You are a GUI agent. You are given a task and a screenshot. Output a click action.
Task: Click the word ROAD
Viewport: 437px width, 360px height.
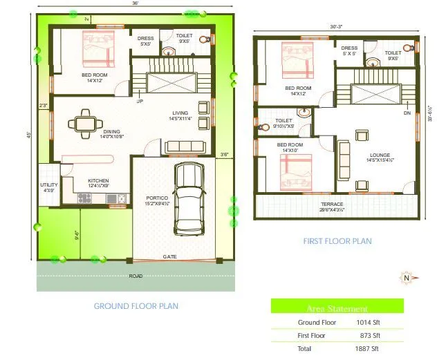click(x=136, y=276)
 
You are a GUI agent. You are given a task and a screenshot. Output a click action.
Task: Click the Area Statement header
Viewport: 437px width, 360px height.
click(x=337, y=309)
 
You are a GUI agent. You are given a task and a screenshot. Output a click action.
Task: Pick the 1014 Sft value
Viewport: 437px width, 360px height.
click(x=368, y=323)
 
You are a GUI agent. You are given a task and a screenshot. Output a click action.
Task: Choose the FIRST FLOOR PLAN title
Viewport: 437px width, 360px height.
click(x=337, y=241)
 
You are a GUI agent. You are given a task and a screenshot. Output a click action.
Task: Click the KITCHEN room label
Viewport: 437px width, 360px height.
click(x=98, y=182)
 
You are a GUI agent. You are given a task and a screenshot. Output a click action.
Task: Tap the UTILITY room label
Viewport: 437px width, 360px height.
click(x=48, y=185)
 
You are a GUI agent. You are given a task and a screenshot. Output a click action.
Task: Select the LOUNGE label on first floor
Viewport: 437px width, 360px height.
click(x=380, y=155)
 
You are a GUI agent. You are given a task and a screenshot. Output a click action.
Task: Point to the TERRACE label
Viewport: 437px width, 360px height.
click(x=332, y=204)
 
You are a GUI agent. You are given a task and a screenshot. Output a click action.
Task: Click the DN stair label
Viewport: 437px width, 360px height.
click(x=407, y=113)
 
